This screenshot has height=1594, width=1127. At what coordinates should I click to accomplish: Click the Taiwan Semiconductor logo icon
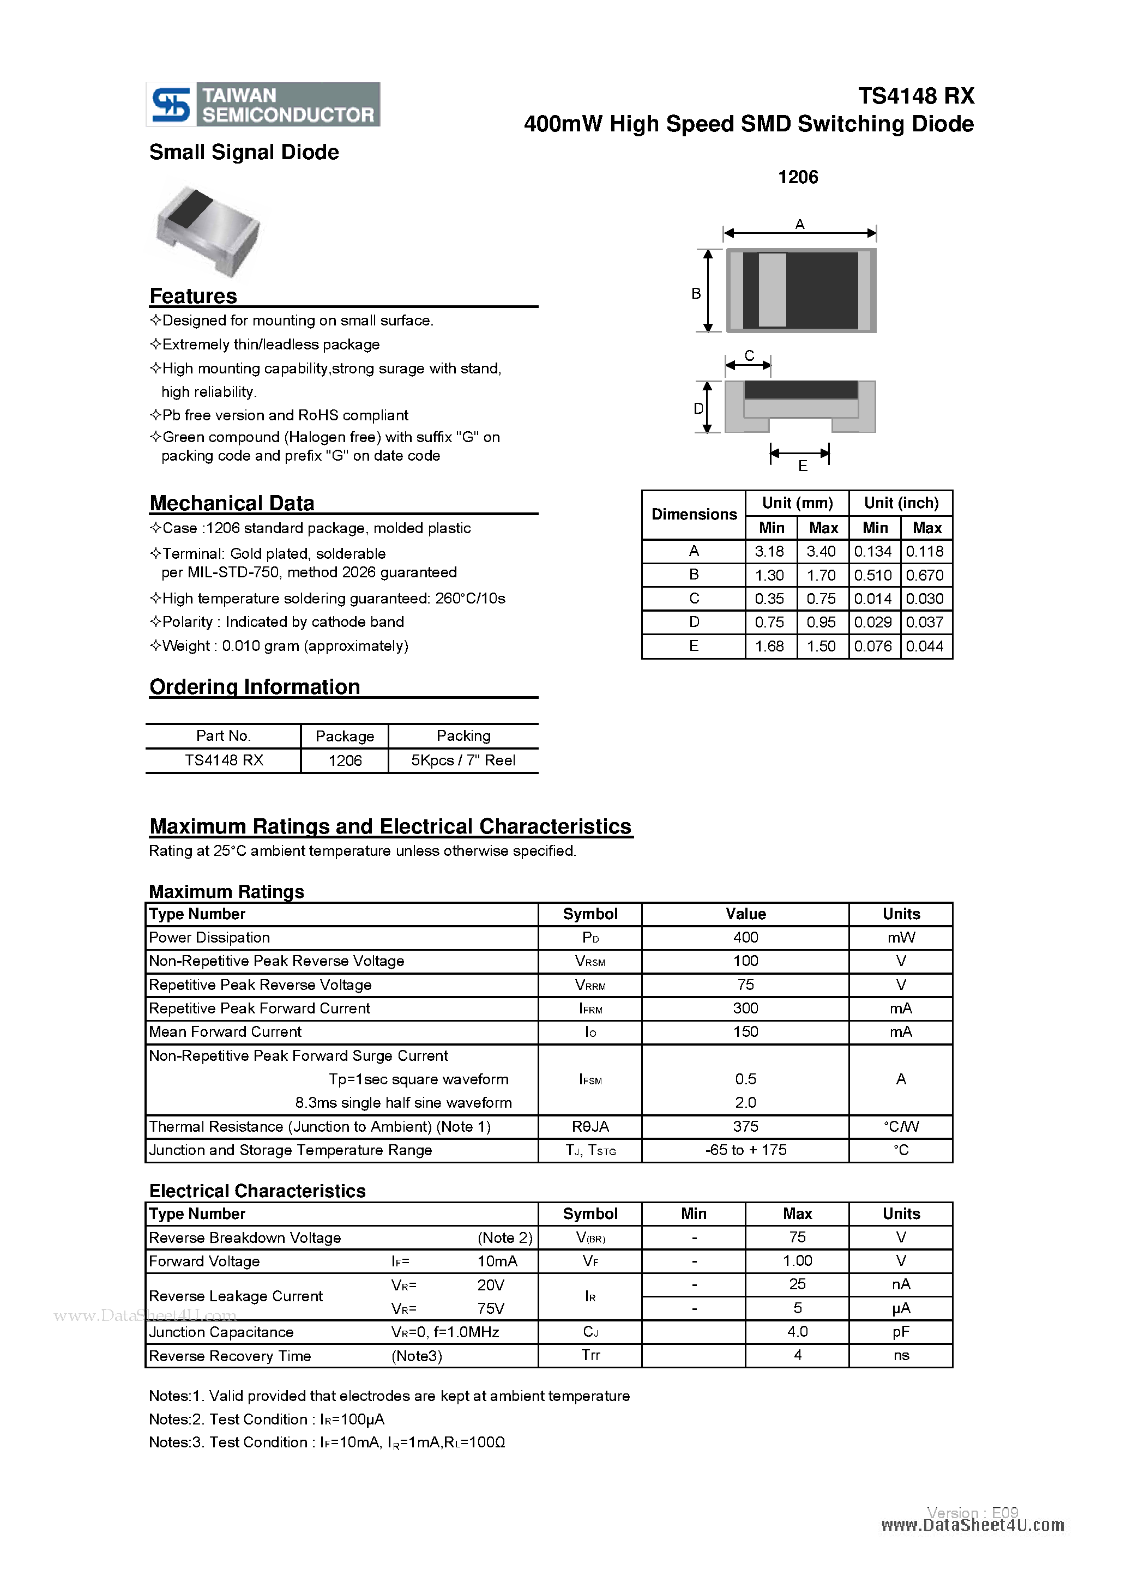coord(171,105)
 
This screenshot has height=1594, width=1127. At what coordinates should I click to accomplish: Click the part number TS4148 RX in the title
coord(915,96)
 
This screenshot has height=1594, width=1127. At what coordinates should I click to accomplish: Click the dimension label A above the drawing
coord(799,224)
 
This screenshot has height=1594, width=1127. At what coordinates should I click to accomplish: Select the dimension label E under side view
coord(803,467)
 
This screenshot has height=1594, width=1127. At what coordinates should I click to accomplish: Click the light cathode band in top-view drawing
coord(772,289)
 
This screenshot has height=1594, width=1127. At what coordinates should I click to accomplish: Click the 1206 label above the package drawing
coord(798,177)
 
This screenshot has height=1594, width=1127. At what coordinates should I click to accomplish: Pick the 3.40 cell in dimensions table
coord(822,552)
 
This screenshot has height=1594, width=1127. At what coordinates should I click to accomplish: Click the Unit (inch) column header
coord(901,503)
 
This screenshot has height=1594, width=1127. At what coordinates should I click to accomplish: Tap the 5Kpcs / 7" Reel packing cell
coord(463,760)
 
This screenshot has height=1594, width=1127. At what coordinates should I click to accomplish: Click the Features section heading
coord(193,297)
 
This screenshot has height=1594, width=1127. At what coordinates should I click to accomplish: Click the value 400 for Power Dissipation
coord(745,937)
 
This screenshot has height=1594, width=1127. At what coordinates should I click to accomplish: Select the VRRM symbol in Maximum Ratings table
coord(590,985)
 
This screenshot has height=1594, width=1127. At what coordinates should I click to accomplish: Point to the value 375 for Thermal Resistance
coord(745,1126)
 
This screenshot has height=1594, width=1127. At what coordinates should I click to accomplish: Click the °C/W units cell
coord(901,1126)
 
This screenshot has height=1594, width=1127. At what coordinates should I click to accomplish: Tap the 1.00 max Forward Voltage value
coord(797,1261)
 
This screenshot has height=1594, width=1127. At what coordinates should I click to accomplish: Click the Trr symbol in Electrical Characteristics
coord(590,1355)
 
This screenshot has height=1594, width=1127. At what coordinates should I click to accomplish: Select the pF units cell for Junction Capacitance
coord(901,1332)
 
